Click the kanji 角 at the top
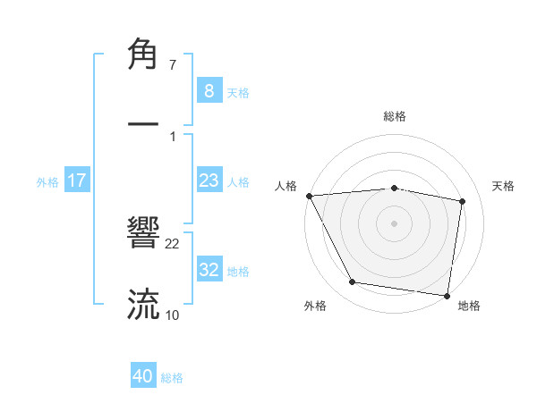point(144,55)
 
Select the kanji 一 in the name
point(144,124)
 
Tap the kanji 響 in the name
point(144,235)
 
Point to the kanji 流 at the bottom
point(144,304)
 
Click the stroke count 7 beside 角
point(173,66)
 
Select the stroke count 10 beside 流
point(173,315)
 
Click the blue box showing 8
point(209,91)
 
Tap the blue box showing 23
point(209,181)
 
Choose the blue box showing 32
point(209,270)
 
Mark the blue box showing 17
point(77,181)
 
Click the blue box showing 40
point(143,377)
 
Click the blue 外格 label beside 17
point(47,181)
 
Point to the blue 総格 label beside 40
point(172,378)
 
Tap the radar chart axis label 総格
point(395,116)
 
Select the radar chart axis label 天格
point(504,186)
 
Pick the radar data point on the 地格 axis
point(447,294)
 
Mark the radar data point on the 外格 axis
point(353,282)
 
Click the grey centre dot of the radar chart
point(395,223)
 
